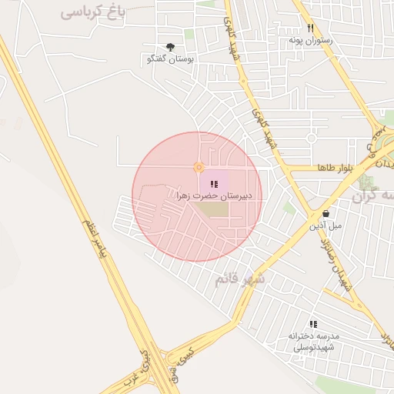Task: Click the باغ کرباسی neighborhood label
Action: [93, 12]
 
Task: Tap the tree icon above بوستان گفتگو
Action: [171, 48]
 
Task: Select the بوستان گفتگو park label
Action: [170, 59]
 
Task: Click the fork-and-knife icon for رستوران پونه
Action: [311, 28]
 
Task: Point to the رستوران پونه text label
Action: [311, 39]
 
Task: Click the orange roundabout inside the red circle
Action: [199, 167]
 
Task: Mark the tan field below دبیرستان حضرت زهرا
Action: [217, 209]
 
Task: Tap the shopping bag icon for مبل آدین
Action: [326, 214]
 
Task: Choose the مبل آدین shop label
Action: [326, 225]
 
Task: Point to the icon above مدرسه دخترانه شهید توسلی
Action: [312, 324]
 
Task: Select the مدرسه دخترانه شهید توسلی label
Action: [313, 342]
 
